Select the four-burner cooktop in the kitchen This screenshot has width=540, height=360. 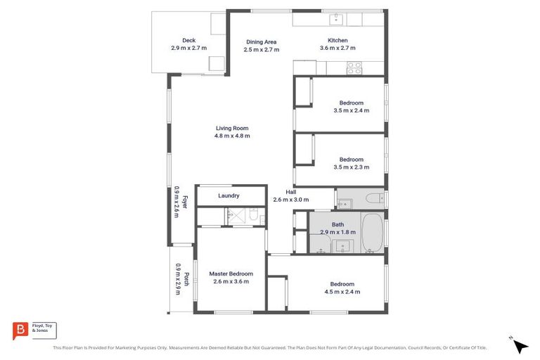coord(354,68)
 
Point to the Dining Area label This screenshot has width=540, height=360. coord(260,41)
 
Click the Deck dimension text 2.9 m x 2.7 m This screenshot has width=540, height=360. coord(188,49)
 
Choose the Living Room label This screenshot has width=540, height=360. coord(231,128)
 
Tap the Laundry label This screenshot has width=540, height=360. coord(229,195)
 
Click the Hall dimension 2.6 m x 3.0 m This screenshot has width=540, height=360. coord(290,200)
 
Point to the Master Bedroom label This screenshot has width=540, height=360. coord(231,274)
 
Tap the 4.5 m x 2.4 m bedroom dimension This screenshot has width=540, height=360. coord(342,291)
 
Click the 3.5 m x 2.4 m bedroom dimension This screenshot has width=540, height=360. coord(351,110)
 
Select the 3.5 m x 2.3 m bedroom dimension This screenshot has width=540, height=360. coord(351,167)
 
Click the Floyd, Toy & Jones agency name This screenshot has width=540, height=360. coord(44,329)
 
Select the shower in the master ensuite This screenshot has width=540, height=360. coord(250,218)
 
